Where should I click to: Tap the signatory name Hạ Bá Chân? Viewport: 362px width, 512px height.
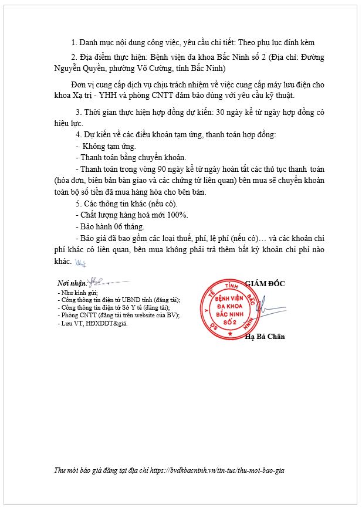tap(265, 336)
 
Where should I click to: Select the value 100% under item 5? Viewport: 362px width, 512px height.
tap(177, 215)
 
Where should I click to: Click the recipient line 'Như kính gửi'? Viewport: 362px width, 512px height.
tap(77, 292)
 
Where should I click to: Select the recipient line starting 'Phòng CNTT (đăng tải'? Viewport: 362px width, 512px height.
tap(117, 315)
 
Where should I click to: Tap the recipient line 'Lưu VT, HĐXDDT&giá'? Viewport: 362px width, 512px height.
tap(92, 323)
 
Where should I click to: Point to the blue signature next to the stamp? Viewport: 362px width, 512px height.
tap(265, 306)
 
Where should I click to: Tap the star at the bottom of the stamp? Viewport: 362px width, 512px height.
tap(231, 334)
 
